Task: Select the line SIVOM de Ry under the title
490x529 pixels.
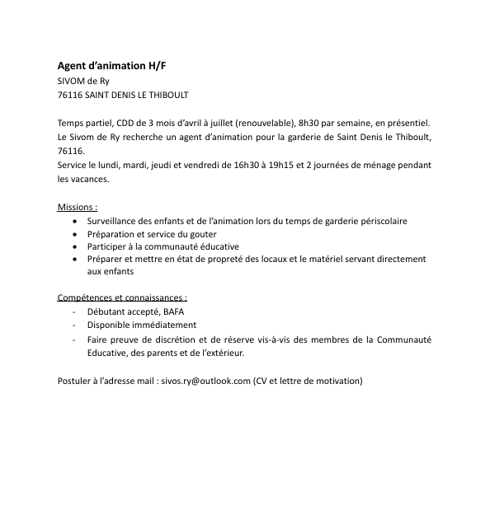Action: point(83,81)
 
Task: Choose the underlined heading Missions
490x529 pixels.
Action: point(78,207)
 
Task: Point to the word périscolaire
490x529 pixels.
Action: point(381,221)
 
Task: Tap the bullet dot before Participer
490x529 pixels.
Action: point(76,246)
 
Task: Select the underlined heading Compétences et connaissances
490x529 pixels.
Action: point(122,297)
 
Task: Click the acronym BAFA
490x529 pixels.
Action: point(174,311)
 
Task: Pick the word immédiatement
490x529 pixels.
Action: point(160,325)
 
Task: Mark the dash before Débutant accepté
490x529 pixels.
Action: point(74,311)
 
